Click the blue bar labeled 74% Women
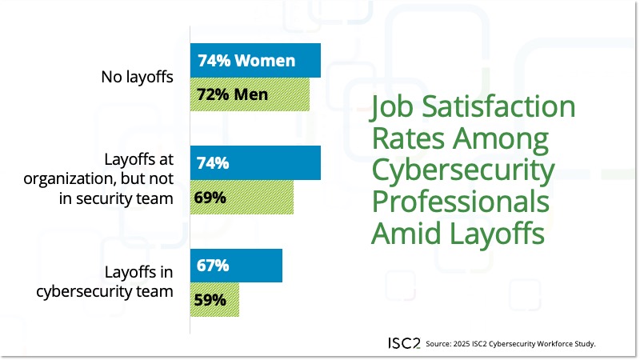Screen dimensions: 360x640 [x=255, y=61]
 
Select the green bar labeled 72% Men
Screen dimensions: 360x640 [x=250, y=94]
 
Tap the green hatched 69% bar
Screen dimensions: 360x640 [x=242, y=198]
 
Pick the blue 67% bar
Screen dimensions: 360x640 [x=236, y=266]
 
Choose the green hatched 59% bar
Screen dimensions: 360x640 [x=214, y=300]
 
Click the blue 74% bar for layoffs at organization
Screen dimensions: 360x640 [x=255, y=163]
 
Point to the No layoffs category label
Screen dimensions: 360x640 [x=137, y=78]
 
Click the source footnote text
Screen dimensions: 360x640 [x=511, y=344]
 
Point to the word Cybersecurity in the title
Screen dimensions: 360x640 [x=462, y=171]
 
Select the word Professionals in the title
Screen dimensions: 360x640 [x=460, y=202]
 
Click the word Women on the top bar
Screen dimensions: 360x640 [x=267, y=61]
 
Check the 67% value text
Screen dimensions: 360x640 [x=212, y=266]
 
